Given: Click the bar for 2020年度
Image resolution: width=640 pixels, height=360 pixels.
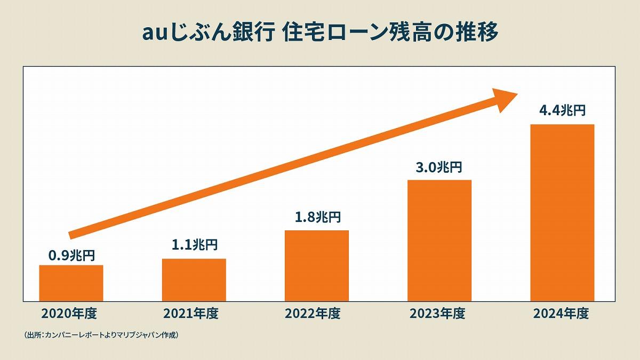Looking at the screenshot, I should click(x=71, y=283).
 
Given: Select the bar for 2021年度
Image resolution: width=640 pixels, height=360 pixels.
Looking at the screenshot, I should click(x=194, y=279).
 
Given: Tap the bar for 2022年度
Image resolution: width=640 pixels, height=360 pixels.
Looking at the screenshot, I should click(x=317, y=265).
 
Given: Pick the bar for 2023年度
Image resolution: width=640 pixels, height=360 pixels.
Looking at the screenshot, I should click(x=439, y=240).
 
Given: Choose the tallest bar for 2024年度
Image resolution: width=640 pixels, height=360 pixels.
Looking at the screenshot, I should click(x=562, y=212).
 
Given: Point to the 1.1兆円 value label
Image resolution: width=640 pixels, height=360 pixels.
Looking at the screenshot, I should click(x=194, y=245).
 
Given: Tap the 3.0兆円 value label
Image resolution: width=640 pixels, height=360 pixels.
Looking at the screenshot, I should click(x=439, y=167).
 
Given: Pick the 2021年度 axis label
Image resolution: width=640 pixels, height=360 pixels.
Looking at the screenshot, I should click(x=191, y=314).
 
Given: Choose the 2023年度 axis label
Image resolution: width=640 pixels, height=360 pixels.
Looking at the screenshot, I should click(x=437, y=314).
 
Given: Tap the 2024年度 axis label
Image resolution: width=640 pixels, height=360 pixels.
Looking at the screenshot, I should click(x=561, y=314).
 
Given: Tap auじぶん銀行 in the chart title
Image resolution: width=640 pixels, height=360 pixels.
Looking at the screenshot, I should click(x=209, y=33).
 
